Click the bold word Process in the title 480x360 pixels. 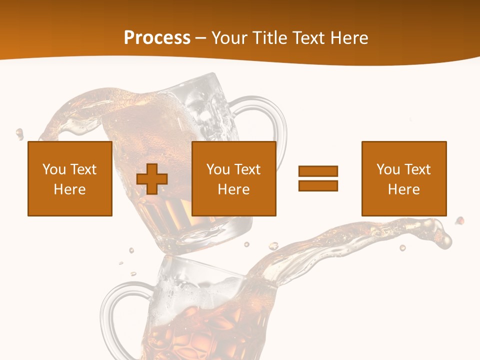(157, 38)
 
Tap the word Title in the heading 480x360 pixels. (270, 38)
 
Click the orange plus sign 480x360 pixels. (152, 178)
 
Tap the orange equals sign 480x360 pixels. (318, 178)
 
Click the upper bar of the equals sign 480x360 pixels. (318, 171)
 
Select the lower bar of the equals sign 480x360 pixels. (318, 185)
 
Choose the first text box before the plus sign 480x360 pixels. (70, 178)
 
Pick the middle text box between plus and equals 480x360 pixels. (234, 178)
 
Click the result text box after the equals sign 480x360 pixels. (404, 178)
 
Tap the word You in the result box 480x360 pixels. (388, 169)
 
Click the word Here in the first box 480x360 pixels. (70, 189)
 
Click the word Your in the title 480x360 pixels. (229, 38)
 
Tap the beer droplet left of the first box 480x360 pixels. (20, 133)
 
